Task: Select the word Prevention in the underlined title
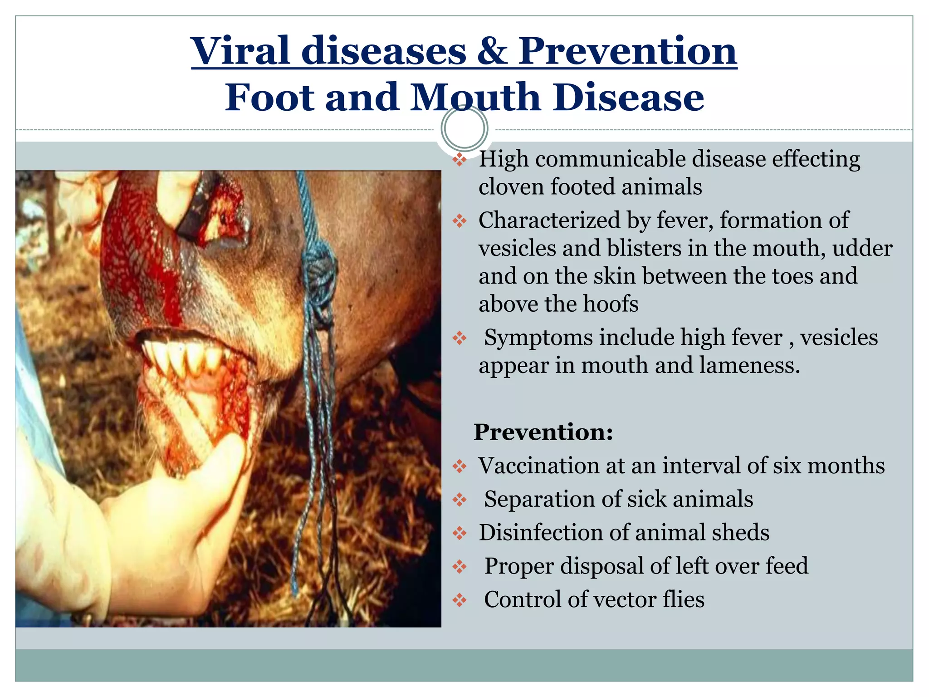pyautogui.click(x=627, y=51)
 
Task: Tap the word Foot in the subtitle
pyautogui.click(x=269, y=97)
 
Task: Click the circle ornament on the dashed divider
pyautogui.click(x=464, y=128)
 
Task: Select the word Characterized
pyautogui.click(x=549, y=221)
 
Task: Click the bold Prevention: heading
pyautogui.click(x=543, y=432)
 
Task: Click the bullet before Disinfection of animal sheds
pyautogui.click(x=460, y=533)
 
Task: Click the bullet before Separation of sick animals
pyautogui.click(x=460, y=500)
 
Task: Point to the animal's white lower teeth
pyautogui.click(x=181, y=354)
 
